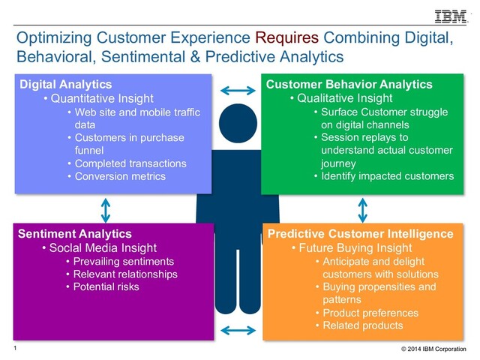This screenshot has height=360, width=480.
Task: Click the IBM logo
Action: [x=450, y=16]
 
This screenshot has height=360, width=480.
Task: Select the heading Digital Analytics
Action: [x=64, y=84]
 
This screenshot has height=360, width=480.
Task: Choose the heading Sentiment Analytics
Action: [x=74, y=234]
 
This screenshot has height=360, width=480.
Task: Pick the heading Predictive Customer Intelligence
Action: [x=361, y=234]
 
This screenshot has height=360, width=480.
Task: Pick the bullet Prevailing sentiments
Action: [x=119, y=261]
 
